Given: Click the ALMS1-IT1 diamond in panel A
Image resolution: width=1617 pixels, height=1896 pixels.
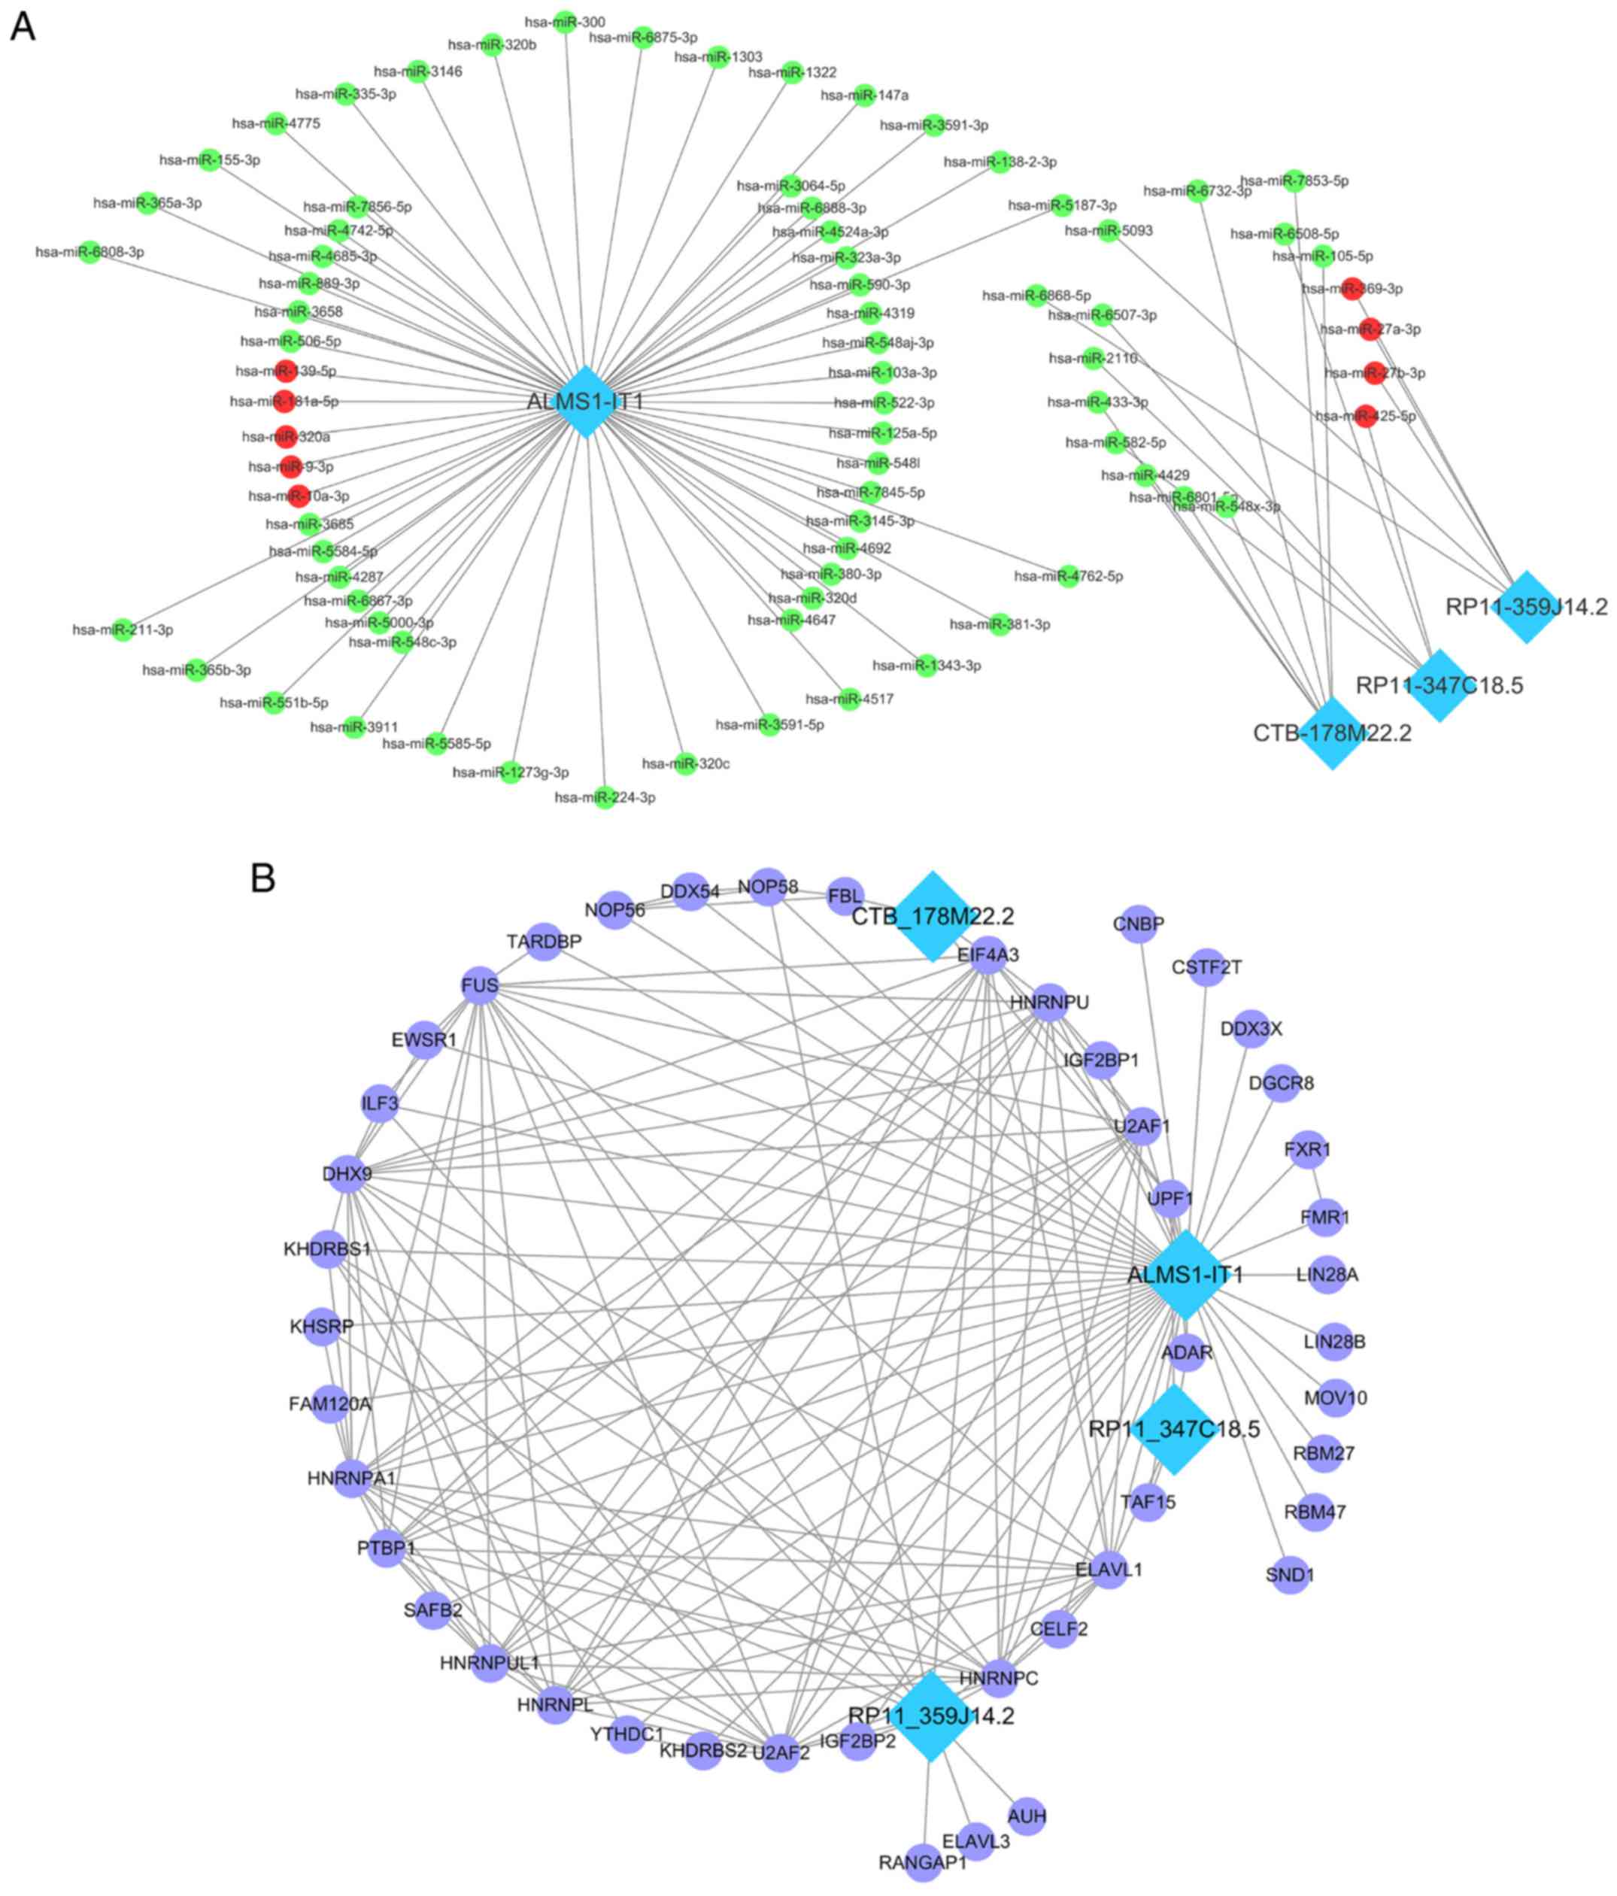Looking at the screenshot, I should [585, 401].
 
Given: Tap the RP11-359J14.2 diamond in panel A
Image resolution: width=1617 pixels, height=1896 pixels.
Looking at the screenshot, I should [1525, 607].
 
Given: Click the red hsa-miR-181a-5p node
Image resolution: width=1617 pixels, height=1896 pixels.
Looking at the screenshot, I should [284, 401].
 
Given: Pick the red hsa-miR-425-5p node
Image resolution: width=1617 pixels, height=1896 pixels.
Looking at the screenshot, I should [1364, 417].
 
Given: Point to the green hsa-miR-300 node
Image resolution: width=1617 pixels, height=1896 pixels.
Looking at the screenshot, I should [566, 22].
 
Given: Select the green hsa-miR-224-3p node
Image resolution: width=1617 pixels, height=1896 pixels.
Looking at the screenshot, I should [604, 797].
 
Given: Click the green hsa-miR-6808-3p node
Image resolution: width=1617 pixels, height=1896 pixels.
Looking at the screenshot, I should [89, 252].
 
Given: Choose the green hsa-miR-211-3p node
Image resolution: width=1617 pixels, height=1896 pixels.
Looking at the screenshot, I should [123, 629].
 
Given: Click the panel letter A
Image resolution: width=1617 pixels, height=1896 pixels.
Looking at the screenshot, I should [22, 28].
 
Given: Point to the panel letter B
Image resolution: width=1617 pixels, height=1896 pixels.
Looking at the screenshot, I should [262, 878].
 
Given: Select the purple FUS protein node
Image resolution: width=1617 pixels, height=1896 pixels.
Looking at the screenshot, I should [481, 985].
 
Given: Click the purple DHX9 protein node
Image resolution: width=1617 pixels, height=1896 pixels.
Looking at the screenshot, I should [347, 1173].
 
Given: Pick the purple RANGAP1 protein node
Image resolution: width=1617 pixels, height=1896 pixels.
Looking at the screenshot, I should [922, 1862].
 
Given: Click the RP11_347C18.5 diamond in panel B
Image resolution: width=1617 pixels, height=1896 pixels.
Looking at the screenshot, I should [1173, 1428].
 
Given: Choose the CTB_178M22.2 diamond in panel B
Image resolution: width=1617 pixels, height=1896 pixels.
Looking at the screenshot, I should [932, 915].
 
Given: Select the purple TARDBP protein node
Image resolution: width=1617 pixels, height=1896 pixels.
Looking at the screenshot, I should [545, 942].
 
